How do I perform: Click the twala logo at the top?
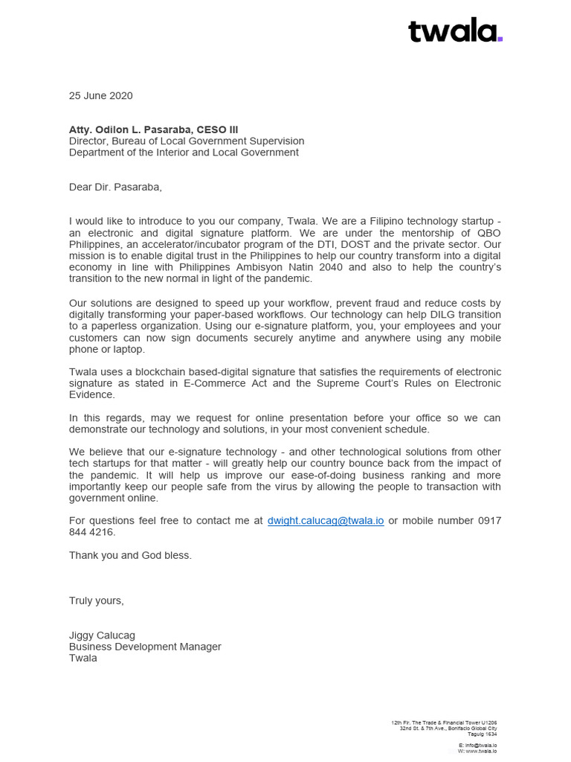[x=454, y=31]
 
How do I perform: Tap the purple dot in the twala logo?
[x=500, y=38]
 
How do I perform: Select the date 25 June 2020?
[x=100, y=95]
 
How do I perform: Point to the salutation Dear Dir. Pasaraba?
[x=115, y=187]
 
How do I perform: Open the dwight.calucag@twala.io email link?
[x=326, y=521]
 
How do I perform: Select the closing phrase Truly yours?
[x=97, y=601]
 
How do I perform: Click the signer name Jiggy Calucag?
[x=102, y=635]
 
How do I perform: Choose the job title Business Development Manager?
[x=145, y=647]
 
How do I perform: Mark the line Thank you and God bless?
[x=130, y=555]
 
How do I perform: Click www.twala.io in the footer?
[x=482, y=752]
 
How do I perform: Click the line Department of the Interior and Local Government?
[x=184, y=153]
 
